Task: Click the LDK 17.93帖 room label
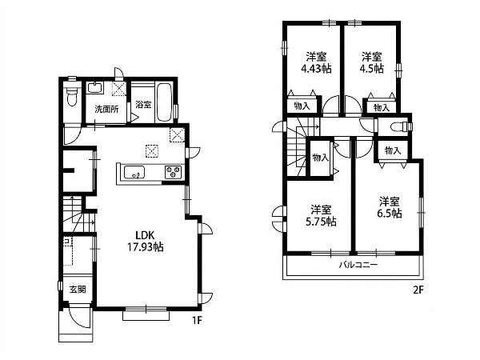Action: tap(145, 241)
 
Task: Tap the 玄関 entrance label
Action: tap(78, 290)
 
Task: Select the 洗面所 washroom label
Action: tap(106, 110)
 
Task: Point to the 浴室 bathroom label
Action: tap(143, 104)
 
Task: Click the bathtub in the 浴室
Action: tap(164, 102)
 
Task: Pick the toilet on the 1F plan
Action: tap(72, 96)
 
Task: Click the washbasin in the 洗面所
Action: tap(95, 88)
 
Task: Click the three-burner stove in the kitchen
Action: tap(173, 172)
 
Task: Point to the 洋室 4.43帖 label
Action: tap(316, 62)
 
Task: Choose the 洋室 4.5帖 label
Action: tap(372, 62)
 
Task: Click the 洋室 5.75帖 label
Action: tap(321, 215)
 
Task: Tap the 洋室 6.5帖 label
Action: tap(389, 207)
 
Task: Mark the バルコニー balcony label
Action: tap(358, 265)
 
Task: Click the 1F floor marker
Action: tap(198, 320)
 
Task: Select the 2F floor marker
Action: tap(418, 290)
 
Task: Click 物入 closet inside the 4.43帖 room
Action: tap(302, 106)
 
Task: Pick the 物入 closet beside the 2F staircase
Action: tap(320, 158)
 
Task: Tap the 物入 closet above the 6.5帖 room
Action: tap(393, 150)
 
